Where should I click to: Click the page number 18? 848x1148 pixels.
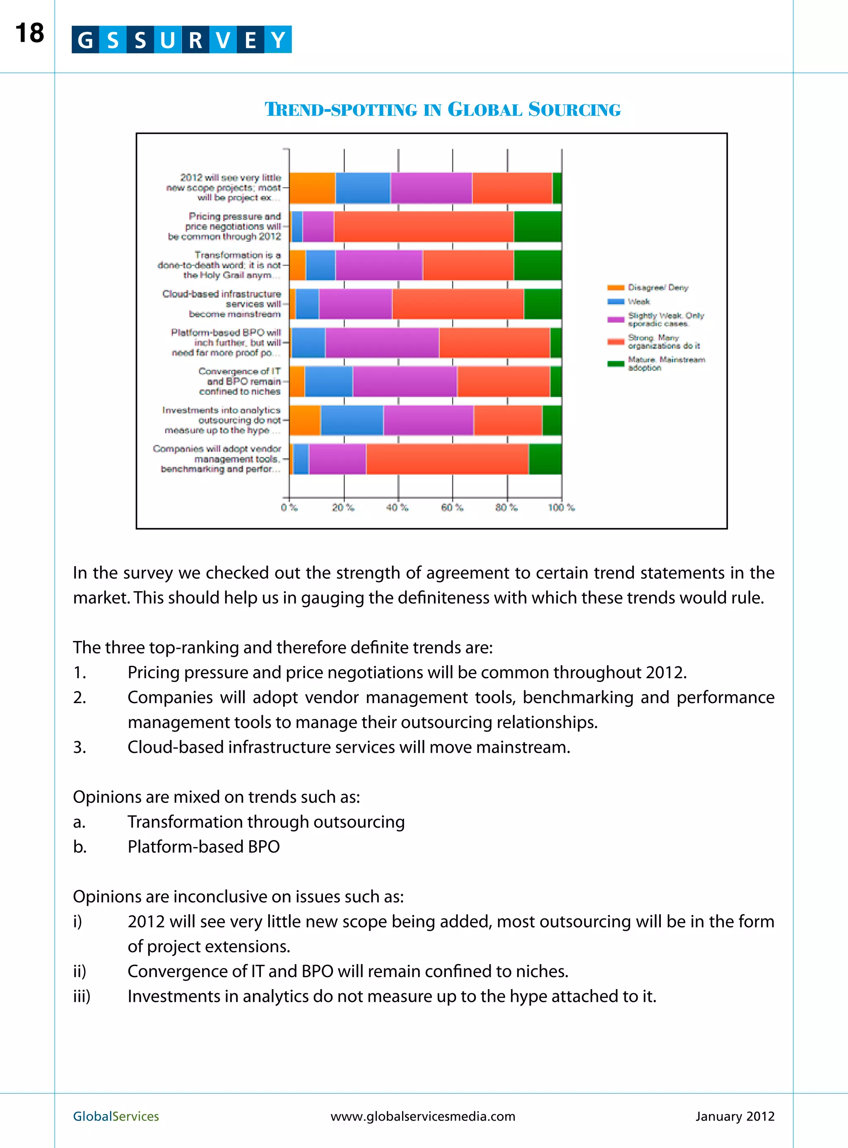point(29,34)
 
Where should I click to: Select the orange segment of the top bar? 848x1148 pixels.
point(312,188)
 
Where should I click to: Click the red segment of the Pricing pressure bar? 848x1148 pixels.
point(424,226)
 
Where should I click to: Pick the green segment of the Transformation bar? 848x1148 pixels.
point(537,265)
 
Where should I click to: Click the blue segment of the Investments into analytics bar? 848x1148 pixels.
point(352,420)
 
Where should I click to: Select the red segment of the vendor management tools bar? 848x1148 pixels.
point(447,459)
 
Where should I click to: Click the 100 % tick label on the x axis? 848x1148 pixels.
point(561,507)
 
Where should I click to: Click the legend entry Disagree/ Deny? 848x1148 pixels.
point(658,288)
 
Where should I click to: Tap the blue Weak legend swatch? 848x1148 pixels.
point(615,302)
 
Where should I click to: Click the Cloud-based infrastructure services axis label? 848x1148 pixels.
point(222,304)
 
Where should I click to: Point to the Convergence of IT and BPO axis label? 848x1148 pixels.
point(239,381)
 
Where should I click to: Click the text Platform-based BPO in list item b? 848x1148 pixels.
point(203,846)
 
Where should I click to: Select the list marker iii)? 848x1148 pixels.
point(82,996)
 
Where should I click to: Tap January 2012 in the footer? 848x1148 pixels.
point(735,1116)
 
